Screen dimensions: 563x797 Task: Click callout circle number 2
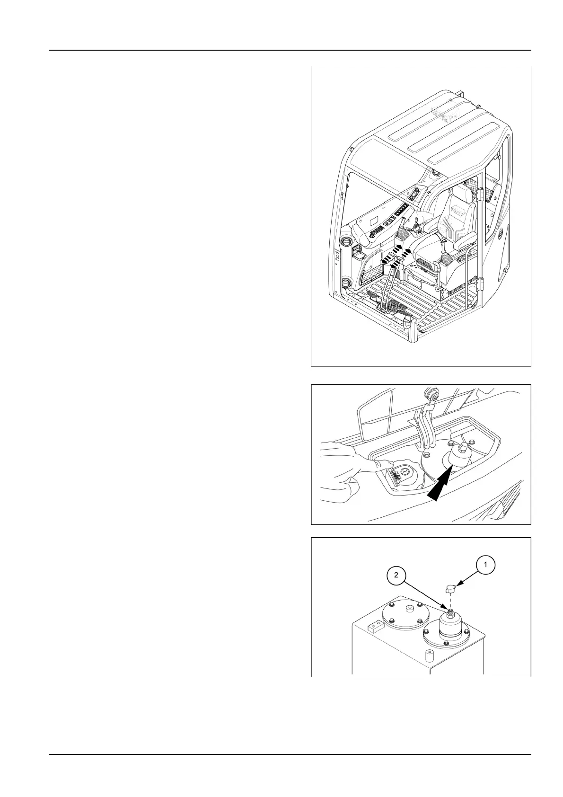pos(396,575)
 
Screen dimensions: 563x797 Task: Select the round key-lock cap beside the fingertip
pos(406,471)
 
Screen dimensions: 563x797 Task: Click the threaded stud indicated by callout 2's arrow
pos(450,612)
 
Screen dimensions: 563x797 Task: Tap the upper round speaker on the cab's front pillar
pos(347,241)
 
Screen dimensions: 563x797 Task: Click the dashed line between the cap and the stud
pos(450,602)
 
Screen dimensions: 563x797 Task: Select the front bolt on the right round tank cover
pos(445,642)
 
